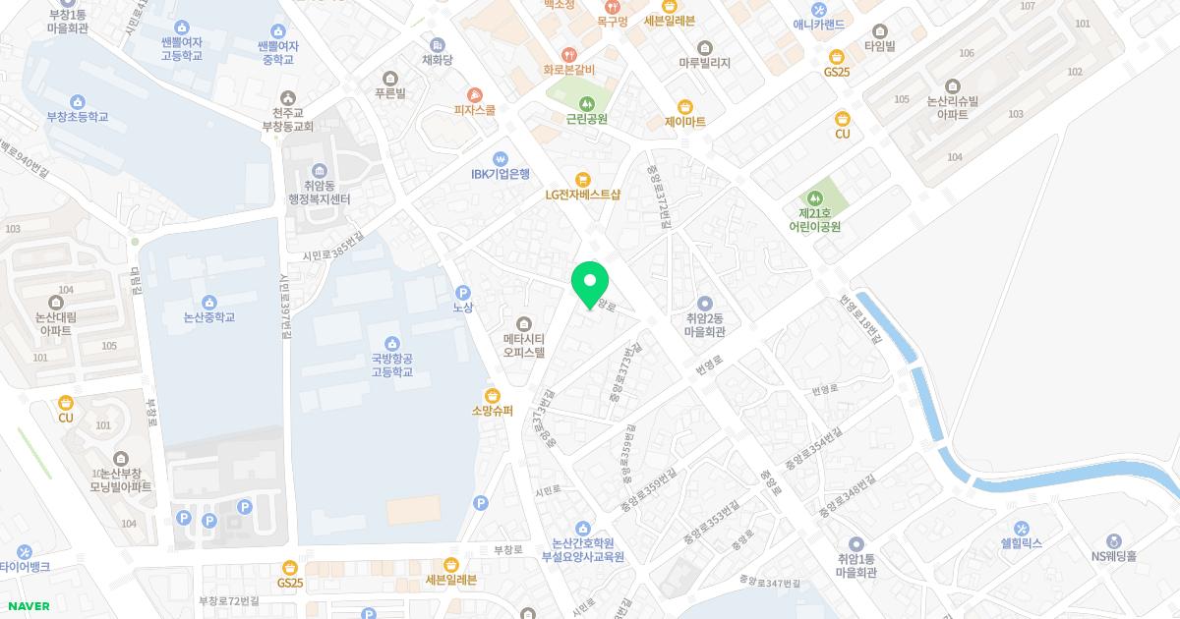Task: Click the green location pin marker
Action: click(590, 283)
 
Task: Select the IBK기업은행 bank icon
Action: click(500, 158)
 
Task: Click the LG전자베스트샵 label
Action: click(583, 195)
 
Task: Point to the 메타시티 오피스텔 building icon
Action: click(523, 324)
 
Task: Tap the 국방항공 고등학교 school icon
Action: click(392, 343)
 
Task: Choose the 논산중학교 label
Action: click(209, 317)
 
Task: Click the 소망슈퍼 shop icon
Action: click(492, 395)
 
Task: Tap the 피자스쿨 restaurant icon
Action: click(474, 94)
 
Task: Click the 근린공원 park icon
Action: click(586, 103)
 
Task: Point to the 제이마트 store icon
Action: click(685, 107)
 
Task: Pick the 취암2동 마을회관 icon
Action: click(704, 304)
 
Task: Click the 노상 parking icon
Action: click(463, 292)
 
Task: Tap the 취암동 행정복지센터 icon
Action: click(320, 171)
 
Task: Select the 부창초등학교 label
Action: click(78, 117)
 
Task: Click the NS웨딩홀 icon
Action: click(1113, 540)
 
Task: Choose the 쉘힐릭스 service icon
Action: click(1021, 528)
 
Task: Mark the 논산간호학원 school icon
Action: click(583, 529)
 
